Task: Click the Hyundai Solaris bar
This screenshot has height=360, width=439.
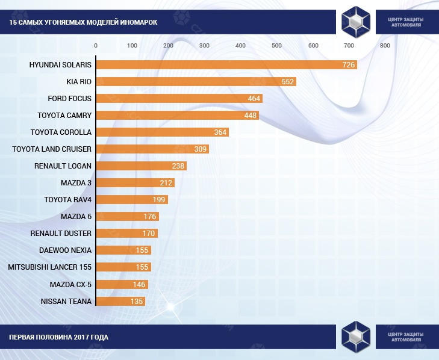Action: coord(226,64)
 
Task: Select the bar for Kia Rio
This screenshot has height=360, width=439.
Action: coord(196,81)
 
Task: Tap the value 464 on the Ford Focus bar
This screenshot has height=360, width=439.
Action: coord(254,98)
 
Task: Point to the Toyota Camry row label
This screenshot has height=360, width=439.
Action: coord(64,115)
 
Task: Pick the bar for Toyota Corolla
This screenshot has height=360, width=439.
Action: coord(162,132)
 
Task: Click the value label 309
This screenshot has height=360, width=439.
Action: coord(200,149)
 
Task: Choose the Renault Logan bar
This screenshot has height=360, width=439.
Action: coord(141,166)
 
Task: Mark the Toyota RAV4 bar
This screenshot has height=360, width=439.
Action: coord(131,199)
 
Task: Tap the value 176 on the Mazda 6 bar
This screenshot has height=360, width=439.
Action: coord(150,217)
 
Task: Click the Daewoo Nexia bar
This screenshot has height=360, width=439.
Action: coord(123,250)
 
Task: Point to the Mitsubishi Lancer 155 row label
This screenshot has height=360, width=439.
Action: coord(50,267)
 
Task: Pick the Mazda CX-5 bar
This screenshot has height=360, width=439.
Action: coord(121,284)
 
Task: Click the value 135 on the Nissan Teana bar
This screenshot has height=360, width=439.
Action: coord(137,301)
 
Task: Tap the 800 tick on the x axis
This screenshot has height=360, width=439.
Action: coord(385,46)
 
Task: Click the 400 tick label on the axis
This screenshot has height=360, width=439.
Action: coord(240,46)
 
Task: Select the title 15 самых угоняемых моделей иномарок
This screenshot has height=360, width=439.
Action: coord(83,22)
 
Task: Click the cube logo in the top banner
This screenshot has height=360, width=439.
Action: coord(356,22)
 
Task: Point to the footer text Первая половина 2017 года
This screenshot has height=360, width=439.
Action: coord(59,337)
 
